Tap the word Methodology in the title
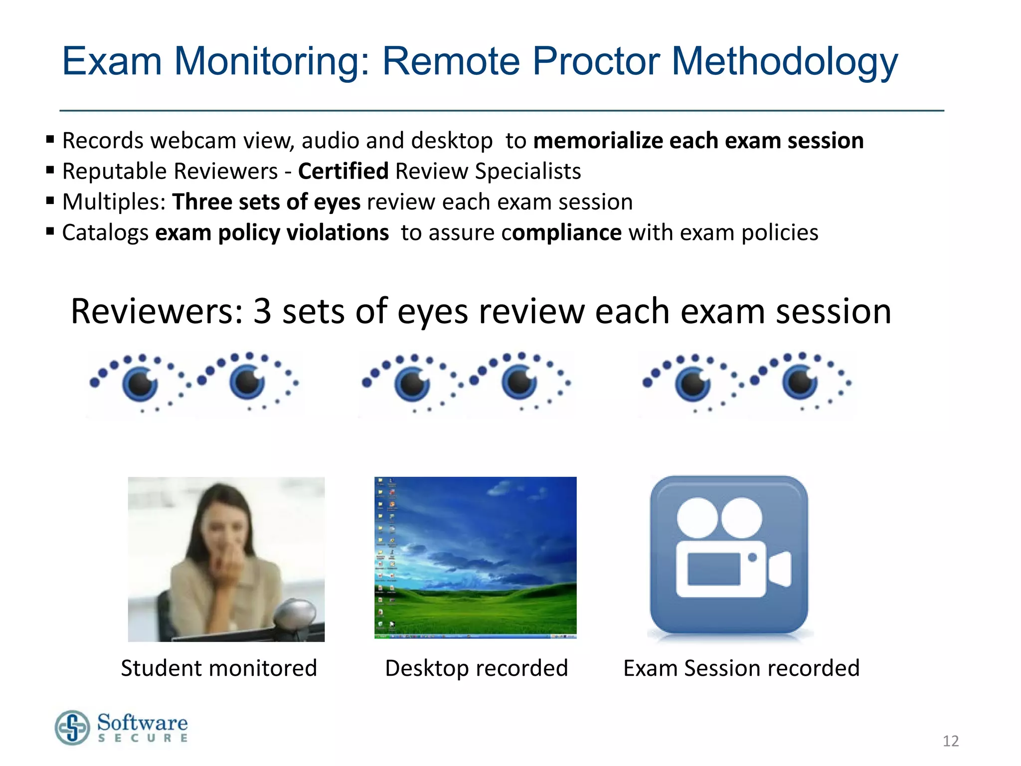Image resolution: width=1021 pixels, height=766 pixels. coord(784,62)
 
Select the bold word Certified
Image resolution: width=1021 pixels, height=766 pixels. coord(343,171)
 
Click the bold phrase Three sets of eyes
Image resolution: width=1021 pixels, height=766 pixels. coord(266,202)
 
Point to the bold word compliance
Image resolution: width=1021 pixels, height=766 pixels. coord(562,233)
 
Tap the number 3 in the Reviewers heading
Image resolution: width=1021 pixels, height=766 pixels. coord(262,311)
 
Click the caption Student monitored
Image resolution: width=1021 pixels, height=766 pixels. coord(219,668)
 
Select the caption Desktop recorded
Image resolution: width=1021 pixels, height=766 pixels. coord(476,668)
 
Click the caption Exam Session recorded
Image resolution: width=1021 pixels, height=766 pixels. coord(741,668)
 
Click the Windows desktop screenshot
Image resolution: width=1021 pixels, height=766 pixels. coord(475,557)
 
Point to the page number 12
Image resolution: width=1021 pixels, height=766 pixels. coord(950,741)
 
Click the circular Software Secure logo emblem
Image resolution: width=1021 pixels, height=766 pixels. coord(73,728)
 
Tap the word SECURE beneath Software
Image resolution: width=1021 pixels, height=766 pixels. coord(143,738)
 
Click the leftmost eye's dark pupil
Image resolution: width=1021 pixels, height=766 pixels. coord(140,383)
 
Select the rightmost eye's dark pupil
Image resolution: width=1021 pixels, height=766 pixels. coord(800,383)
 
